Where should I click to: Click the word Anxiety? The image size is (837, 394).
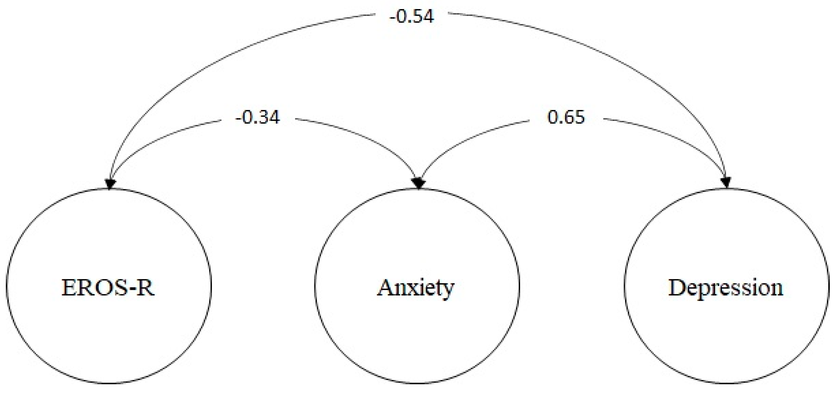[x=416, y=288]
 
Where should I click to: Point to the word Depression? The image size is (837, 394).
[x=725, y=288]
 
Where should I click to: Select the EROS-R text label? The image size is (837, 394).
[x=108, y=288]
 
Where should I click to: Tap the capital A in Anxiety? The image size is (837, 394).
[x=385, y=288]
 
